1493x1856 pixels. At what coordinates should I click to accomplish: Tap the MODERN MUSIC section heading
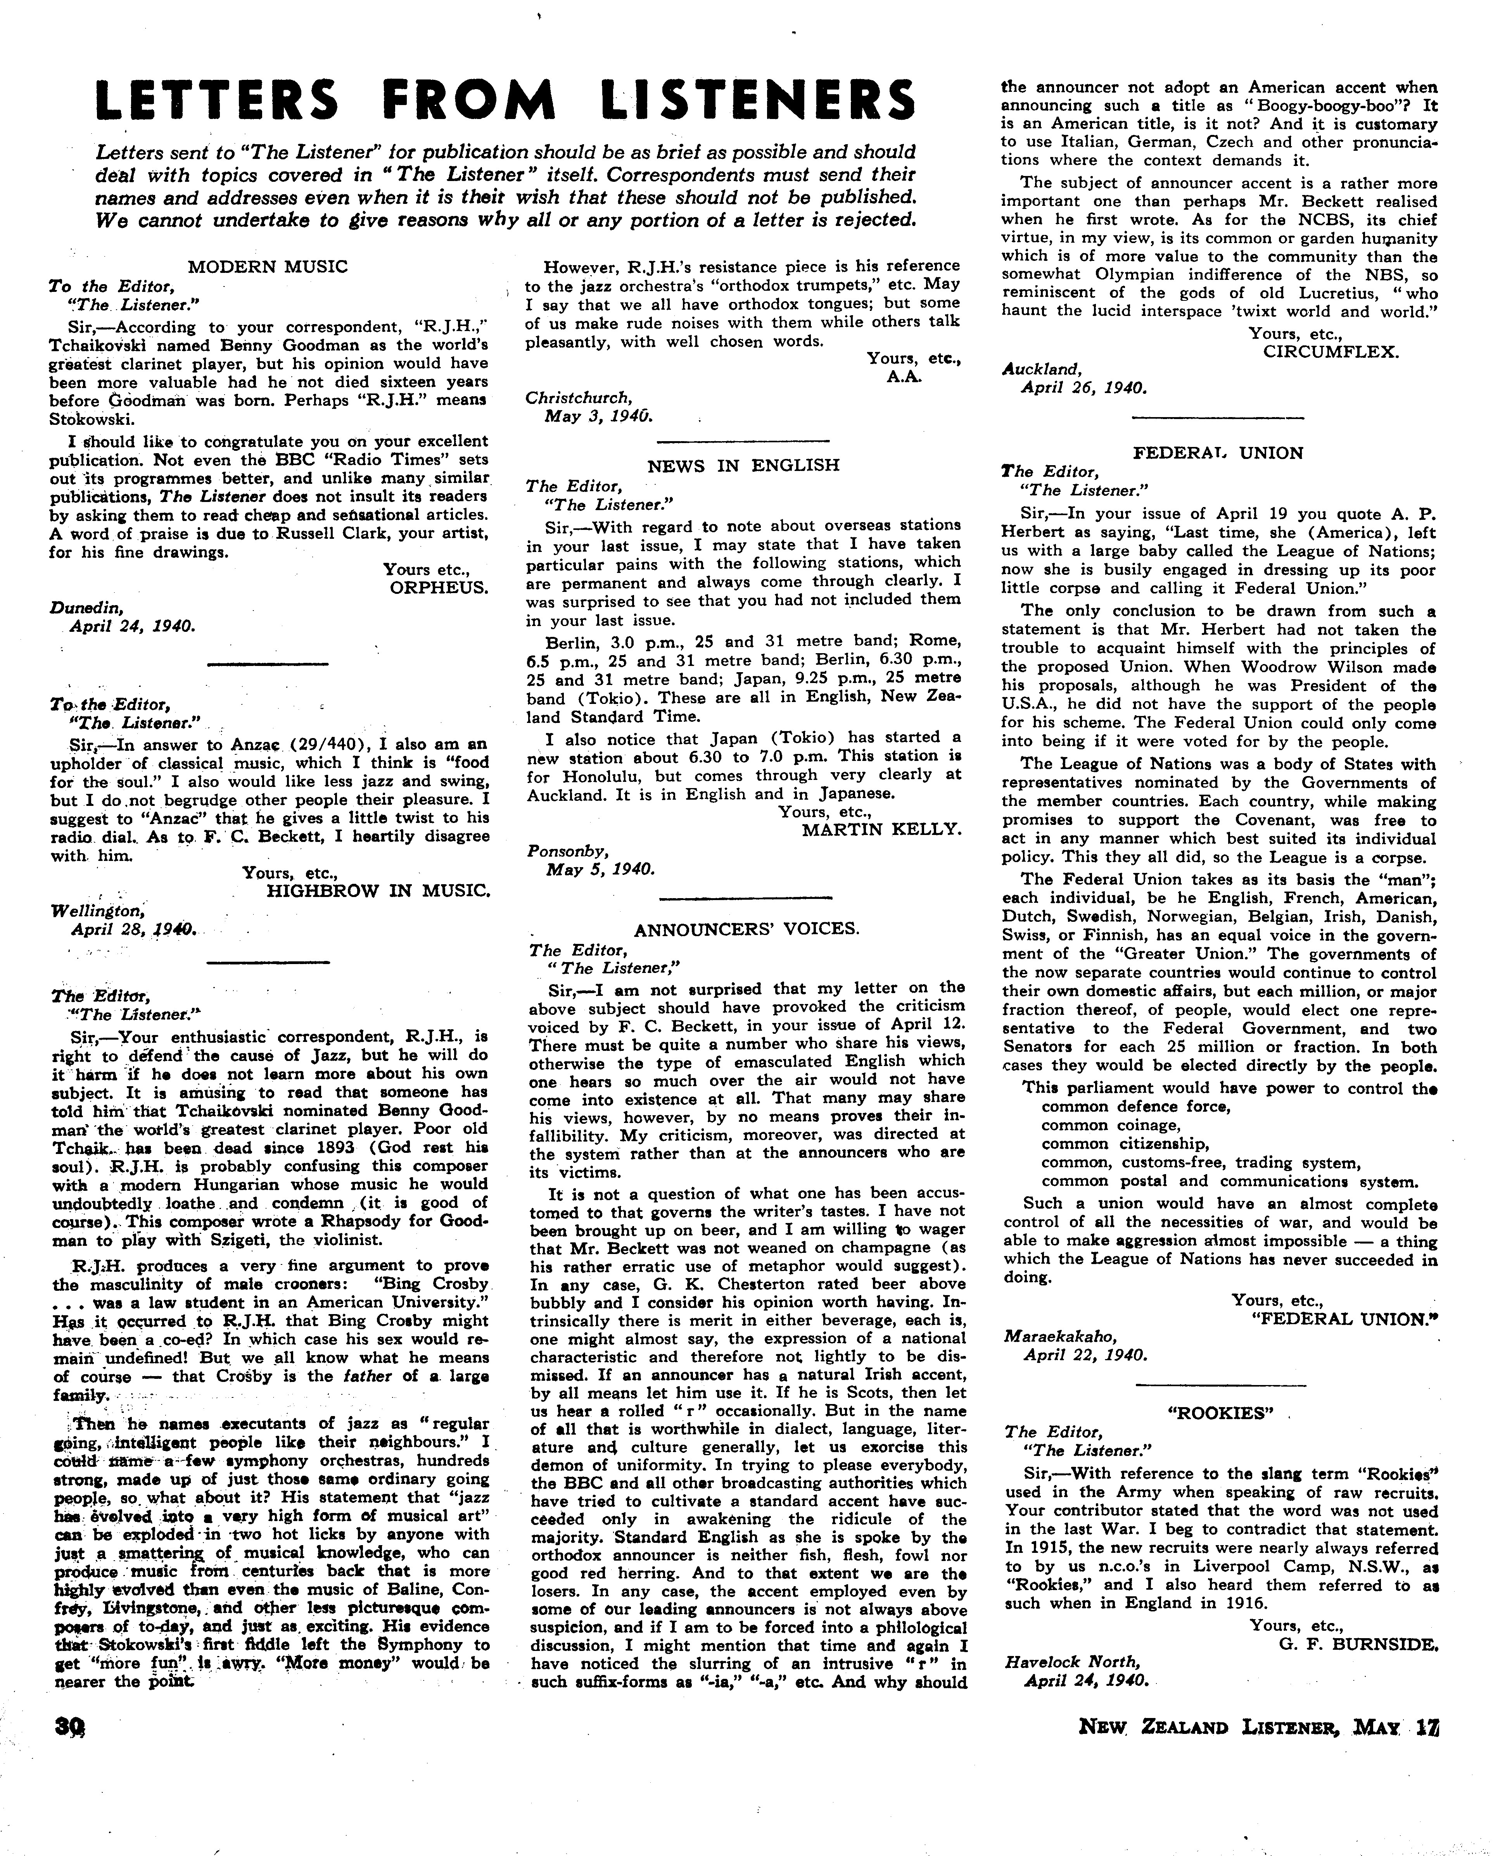coord(268,266)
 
